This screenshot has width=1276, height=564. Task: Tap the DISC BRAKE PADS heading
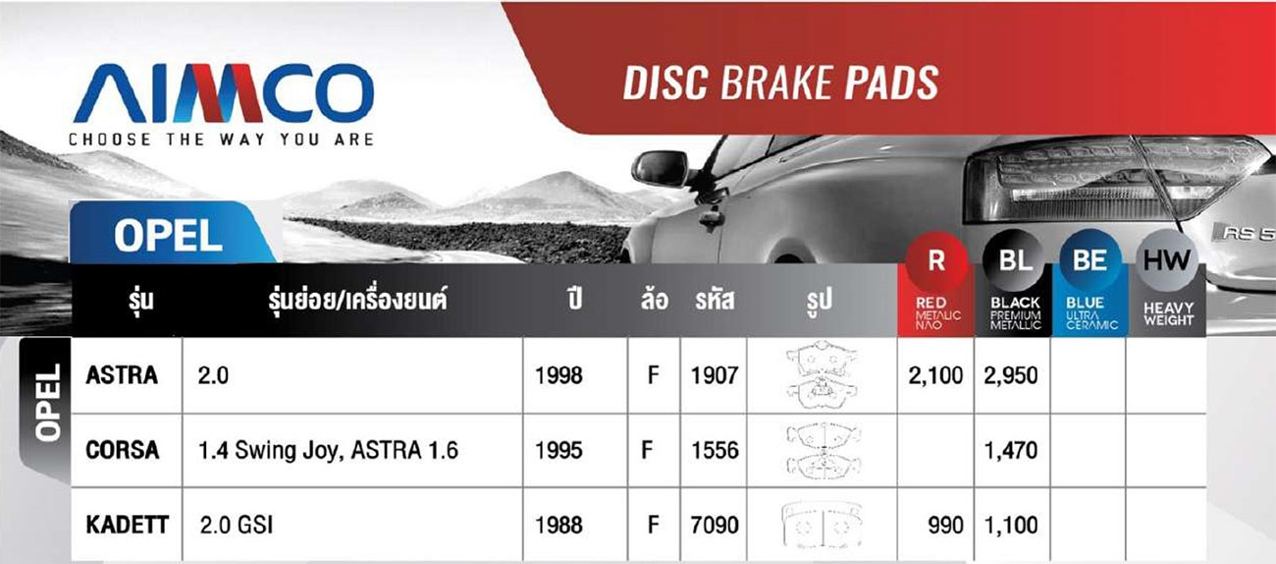tap(781, 84)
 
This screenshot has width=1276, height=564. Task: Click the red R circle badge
tap(936, 260)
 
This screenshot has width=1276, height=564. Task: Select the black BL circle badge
tap(1015, 260)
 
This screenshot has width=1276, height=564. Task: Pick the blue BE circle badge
tap(1090, 260)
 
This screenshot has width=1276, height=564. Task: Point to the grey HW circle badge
tap(1167, 260)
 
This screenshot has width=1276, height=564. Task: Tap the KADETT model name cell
tap(127, 525)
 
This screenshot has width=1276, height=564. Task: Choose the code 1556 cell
tap(715, 451)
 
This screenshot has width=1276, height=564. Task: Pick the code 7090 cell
tap(715, 525)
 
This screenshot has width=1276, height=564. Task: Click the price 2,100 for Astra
tap(935, 375)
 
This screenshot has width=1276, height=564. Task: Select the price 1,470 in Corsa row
tap(1011, 451)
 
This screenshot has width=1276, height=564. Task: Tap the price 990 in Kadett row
tap(945, 525)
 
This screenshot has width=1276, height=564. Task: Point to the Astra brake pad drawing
tap(822, 374)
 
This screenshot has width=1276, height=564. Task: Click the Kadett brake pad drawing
tap(822, 525)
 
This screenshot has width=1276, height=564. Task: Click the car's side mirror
tap(661, 169)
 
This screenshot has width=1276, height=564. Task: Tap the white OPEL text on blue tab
tap(168, 236)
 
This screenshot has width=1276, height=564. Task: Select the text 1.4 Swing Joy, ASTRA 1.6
tap(328, 451)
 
